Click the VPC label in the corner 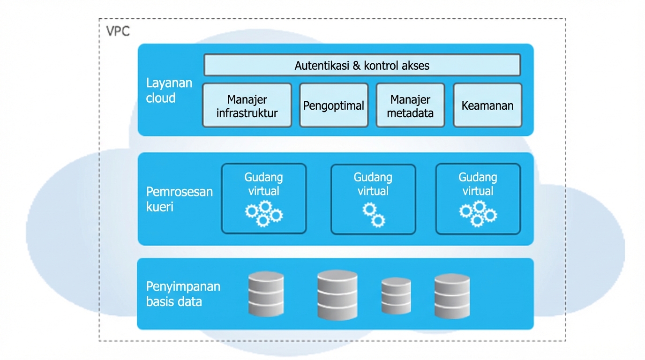click(x=118, y=31)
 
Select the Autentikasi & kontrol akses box click(x=362, y=65)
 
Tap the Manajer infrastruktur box click(x=247, y=105)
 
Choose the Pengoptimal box click(x=333, y=105)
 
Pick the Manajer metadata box click(x=410, y=105)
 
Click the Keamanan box click(x=487, y=105)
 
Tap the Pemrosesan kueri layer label click(x=179, y=199)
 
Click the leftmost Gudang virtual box click(x=263, y=198)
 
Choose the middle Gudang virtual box click(x=373, y=198)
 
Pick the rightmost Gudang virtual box click(x=478, y=198)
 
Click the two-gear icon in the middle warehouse click(x=374, y=215)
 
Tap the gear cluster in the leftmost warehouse click(x=263, y=213)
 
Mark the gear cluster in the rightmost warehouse click(x=478, y=213)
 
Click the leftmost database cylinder click(x=266, y=294)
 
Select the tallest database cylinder click(x=337, y=295)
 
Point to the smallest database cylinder click(x=396, y=296)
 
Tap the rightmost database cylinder click(x=452, y=296)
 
